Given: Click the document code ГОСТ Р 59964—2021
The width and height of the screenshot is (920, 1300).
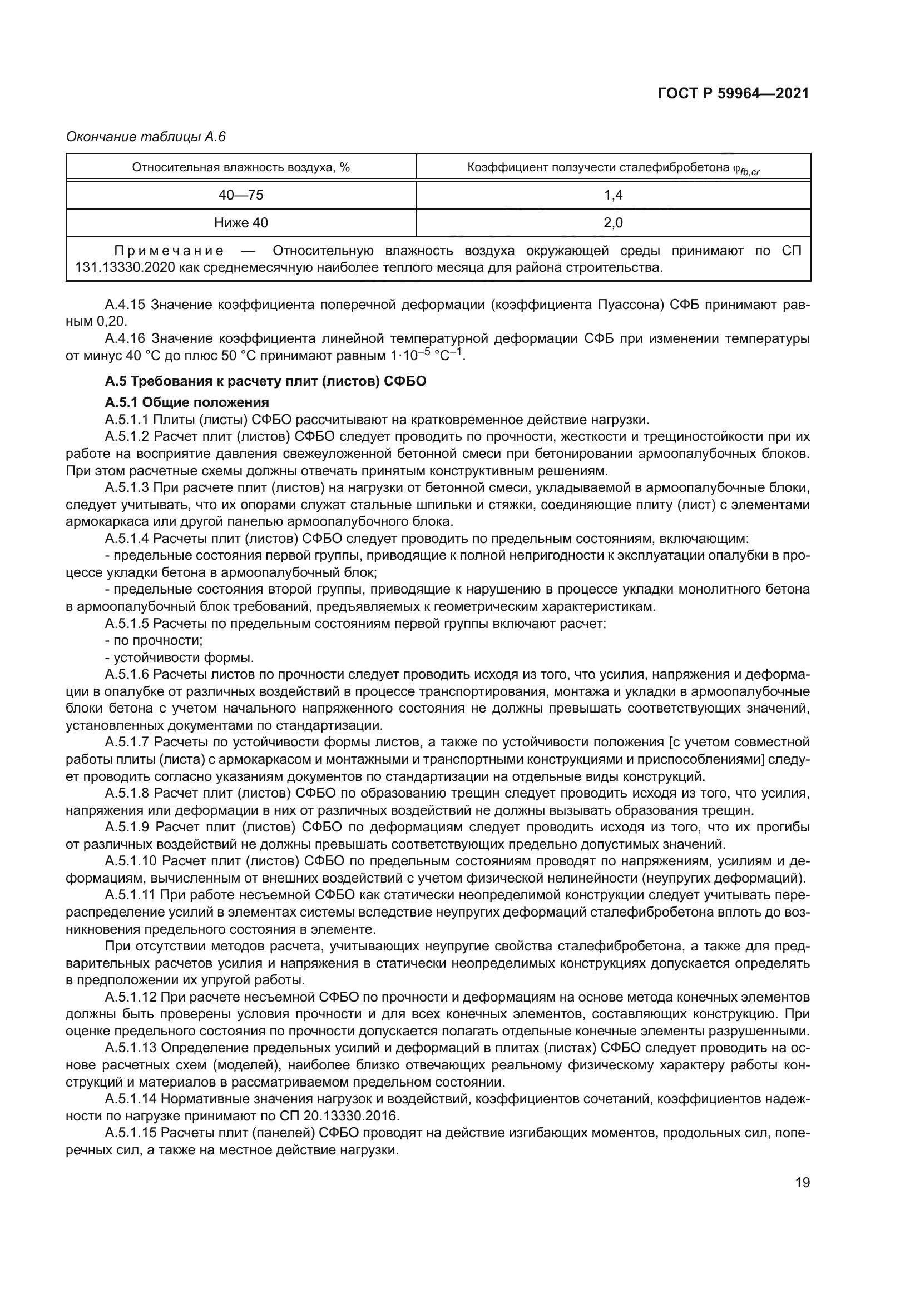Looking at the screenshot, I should point(733,93).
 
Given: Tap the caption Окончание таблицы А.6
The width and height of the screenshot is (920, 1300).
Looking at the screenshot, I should point(146,137).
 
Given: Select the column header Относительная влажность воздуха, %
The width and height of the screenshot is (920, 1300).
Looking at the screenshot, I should point(241,167).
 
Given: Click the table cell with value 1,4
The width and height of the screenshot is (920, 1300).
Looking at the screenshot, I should point(613,195).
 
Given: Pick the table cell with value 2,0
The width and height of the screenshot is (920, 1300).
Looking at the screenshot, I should point(613,222).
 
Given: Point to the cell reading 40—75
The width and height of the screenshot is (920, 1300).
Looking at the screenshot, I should point(241,195).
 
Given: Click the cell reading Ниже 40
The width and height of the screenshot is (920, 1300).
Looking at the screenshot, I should point(241,222).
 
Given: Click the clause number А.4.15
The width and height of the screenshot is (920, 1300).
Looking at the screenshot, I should point(125,305).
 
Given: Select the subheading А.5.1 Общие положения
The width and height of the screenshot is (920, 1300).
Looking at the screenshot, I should point(186,402).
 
